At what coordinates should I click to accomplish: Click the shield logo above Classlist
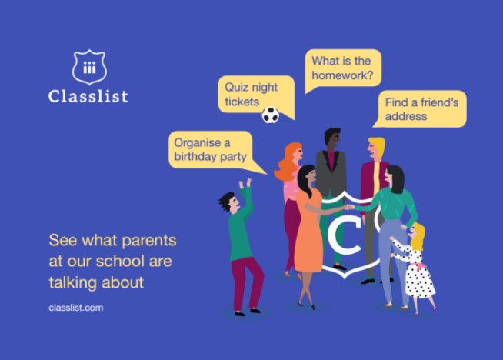(89, 67)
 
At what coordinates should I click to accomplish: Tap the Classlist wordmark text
(88, 96)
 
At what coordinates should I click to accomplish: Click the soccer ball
(271, 115)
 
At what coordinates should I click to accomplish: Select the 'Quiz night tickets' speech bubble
(256, 95)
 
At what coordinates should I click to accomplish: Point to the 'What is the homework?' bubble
(343, 68)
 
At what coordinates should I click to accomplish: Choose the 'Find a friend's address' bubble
(420, 108)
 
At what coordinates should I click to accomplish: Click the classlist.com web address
(76, 308)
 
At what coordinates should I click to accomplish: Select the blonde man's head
(376, 148)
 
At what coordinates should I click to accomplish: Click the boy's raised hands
(245, 184)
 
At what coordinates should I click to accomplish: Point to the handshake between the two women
(349, 207)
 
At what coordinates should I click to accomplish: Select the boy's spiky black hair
(227, 201)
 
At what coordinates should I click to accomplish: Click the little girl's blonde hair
(418, 236)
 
